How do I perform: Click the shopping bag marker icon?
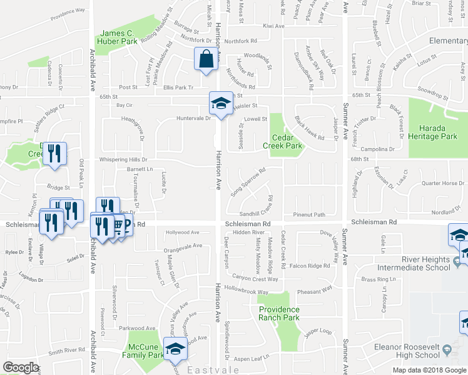click(x=205, y=59)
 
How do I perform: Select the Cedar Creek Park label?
click(x=286, y=141)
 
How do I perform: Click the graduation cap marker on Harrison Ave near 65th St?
click(x=220, y=104)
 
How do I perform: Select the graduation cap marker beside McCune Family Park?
click(x=175, y=350)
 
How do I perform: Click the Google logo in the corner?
click(x=21, y=367)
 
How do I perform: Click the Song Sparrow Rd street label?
click(x=248, y=182)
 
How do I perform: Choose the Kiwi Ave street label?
click(x=273, y=26)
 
